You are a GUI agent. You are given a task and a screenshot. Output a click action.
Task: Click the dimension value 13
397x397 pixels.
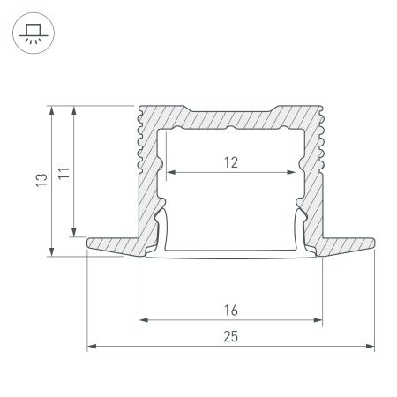(x=39, y=181)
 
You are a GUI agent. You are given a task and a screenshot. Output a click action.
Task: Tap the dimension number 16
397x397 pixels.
(x=231, y=310)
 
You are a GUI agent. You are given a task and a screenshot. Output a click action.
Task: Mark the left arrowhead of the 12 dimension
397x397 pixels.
(x=169, y=171)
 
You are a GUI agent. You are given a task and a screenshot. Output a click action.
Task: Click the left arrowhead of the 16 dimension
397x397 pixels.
(x=142, y=319)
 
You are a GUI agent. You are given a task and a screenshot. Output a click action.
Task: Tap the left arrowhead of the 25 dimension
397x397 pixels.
(x=89, y=347)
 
